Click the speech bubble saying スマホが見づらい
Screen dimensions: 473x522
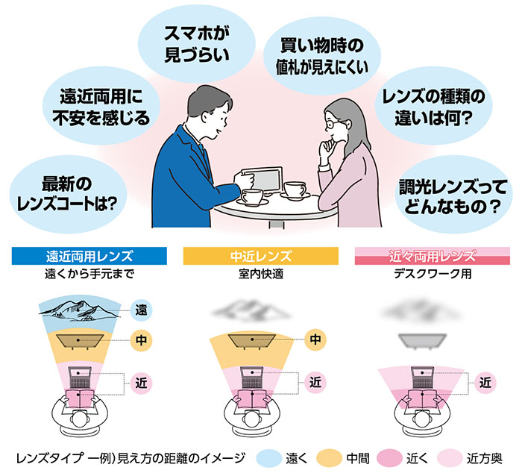coord(195,44)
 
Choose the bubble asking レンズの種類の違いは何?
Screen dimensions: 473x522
coord(433,106)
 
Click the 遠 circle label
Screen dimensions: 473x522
coord(142,308)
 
